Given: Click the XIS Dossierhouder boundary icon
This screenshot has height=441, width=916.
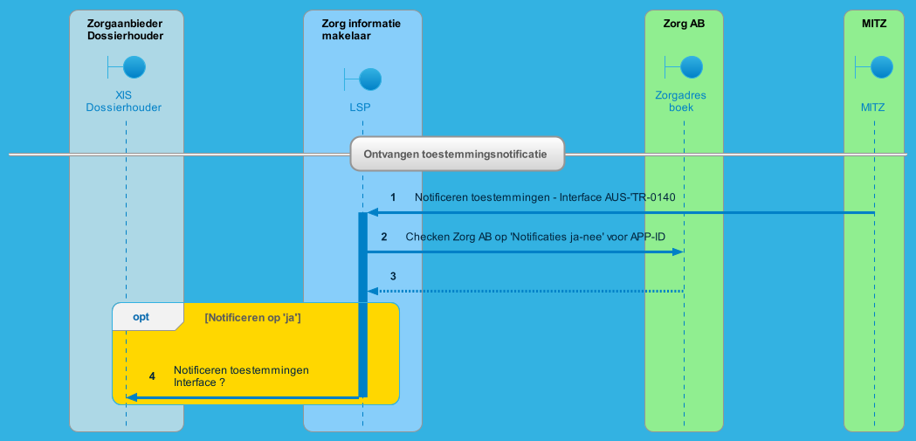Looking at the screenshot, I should (127, 67).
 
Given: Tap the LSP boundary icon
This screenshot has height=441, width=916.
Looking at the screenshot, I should (363, 80).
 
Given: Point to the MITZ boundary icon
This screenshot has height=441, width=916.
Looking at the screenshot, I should (874, 67).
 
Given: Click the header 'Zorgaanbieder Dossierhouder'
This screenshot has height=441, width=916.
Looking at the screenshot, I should (126, 30).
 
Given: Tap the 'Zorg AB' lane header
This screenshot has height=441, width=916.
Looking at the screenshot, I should (684, 24).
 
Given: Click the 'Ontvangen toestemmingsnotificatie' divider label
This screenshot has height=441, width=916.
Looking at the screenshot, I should (457, 154).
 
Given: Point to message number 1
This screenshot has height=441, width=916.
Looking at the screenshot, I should (393, 198).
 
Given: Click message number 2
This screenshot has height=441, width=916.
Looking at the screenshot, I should (384, 238).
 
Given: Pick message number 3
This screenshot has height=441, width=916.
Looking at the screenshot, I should (393, 276).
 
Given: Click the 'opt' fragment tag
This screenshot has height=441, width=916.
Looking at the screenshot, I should (141, 317).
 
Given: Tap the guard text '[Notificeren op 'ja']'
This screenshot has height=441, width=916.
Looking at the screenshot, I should (252, 318).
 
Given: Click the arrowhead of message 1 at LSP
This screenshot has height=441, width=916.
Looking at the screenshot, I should (372, 212).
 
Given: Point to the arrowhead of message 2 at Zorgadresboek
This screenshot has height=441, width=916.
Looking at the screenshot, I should (678, 252).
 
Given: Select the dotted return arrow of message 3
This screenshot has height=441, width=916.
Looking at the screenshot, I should (524, 291).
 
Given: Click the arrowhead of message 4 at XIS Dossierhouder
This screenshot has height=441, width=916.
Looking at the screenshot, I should (131, 397).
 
